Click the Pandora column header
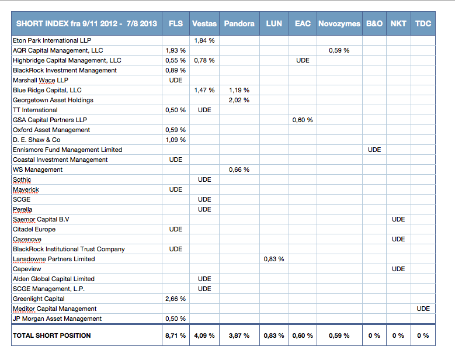[x=239, y=23]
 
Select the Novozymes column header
[x=339, y=23]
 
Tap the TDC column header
[x=423, y=23]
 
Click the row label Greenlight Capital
[x=39, y=299]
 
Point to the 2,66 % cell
[x=176, y=299]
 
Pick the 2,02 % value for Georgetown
[x=239, y=100]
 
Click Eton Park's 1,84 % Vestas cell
[x=204, y=40]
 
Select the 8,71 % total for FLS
[x=176, y=335]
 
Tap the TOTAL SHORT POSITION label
[x=51, y=335]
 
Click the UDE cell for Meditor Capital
[x=423, y=309]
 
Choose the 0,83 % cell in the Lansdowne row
[x=274, y=259]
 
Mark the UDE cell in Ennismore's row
[x=374, y=150]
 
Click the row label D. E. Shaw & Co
[x=37, y=140]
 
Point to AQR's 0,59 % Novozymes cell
[x=339, y=50]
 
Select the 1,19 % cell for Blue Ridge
[x=239, y=90]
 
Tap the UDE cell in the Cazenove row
[x=398, y=239]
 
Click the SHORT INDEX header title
[x=86, y=23]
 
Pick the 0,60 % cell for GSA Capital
[x=303, y=120]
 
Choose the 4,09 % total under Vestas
[x=204, y=335]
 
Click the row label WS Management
[x=38, y=169]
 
